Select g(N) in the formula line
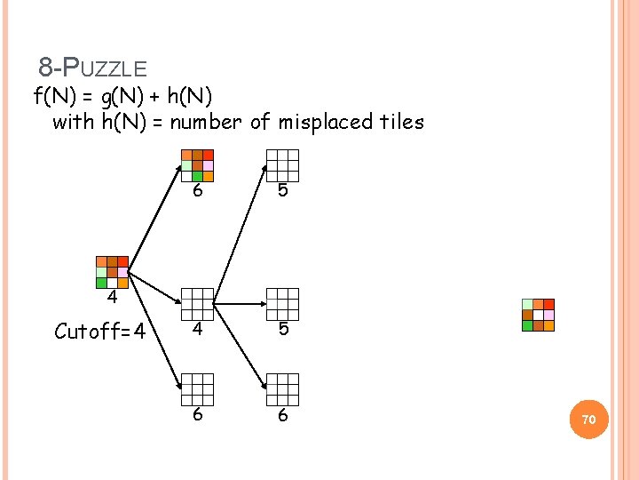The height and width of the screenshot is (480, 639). (134, 94)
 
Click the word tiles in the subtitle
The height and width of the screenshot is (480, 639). (404, 122)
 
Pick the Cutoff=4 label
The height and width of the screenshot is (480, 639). (100, 332)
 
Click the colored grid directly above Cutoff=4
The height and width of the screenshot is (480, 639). (113, 272)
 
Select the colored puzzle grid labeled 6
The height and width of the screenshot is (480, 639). (198, 165)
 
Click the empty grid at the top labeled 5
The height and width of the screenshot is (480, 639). (282, 165)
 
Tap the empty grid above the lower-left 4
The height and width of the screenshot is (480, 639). (198, 304)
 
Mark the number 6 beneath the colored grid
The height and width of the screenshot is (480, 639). (199, 192)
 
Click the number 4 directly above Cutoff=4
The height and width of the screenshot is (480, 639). (113, 297)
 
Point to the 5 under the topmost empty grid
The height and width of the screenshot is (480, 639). (283, 192)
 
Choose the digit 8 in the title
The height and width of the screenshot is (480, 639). (45, 67)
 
